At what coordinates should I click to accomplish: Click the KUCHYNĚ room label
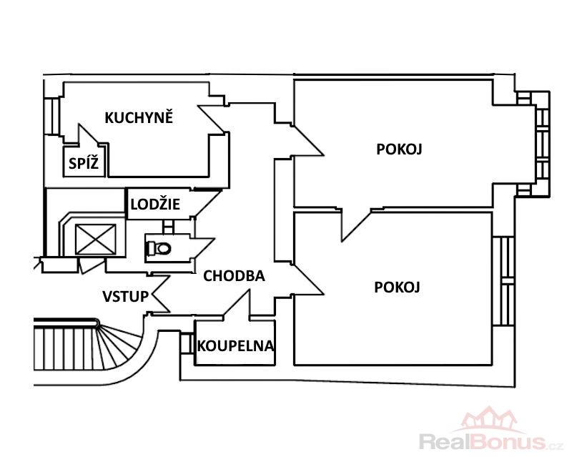pyautogui.click(x=139, y=118)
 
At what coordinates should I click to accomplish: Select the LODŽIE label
pyautogui.click(x=154, y=205)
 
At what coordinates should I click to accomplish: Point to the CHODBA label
pyautogui.click(x=234, y=275)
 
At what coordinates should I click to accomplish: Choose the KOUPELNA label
pyautogui.click(x=235, y=346)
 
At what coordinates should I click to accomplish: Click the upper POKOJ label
pyautogui.click(x=399, y=149)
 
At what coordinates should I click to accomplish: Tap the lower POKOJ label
pyautogui.click(x=397, y=287)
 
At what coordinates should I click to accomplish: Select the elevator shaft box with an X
pyautogui.click(x=96, y=239)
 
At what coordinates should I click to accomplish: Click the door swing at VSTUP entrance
pyautogui.click(x=159, y=295)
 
